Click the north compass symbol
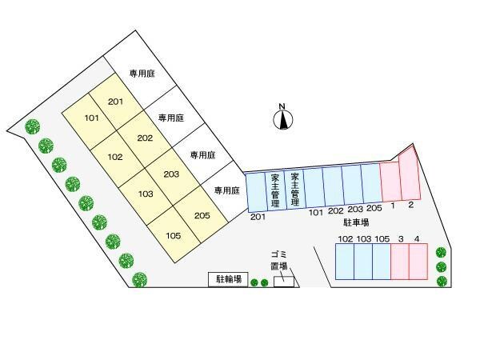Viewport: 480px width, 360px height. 282,118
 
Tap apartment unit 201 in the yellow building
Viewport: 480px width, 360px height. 115,102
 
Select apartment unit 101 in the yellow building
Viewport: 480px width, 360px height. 90,118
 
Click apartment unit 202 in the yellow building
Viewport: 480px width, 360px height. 145,138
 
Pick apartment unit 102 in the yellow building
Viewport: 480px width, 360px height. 114,156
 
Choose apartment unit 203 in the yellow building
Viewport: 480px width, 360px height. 170,174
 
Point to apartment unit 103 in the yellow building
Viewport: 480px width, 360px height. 146,194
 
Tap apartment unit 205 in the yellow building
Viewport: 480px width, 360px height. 202,214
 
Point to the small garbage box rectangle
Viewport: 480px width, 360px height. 283,281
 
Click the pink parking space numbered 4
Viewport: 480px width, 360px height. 418,262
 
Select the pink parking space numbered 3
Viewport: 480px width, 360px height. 399,262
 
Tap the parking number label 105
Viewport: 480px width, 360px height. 382,239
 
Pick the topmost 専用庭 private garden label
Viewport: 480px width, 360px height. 142,74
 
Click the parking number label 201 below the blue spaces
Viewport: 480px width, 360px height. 258,216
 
